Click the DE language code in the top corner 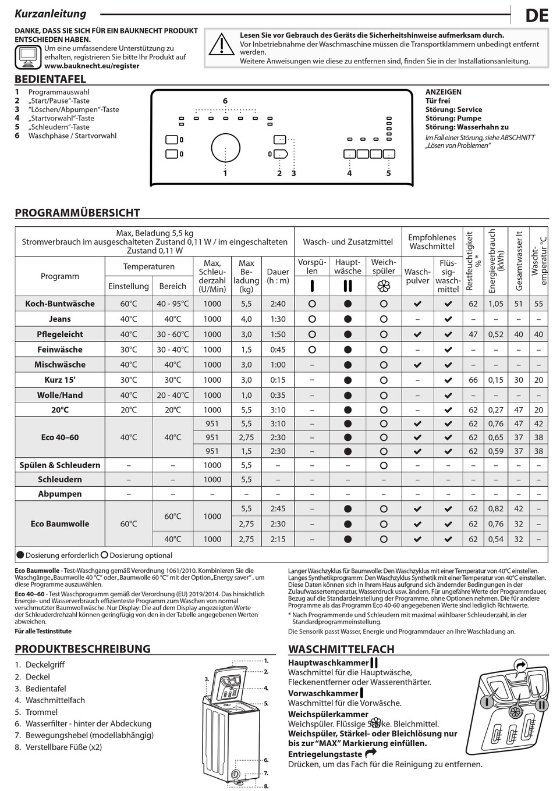click(x=536, y=15)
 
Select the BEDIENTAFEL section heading click(x=50, y=79)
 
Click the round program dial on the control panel click(x=225, y=148)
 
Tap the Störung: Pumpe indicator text click(x=453, y=118)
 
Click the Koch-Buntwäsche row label click(x=60, y=304)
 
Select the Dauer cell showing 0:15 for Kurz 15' click(x=278, y=380)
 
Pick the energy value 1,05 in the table click(x=496, y=304)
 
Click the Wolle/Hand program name click(x=60, y=395)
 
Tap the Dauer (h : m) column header click(x=278, y=276)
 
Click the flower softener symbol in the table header click(x=383, y=286)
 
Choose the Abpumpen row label click(x=60, y=494)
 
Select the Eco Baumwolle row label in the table click(x=60, y=523)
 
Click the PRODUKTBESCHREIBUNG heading click(x=82, y=649)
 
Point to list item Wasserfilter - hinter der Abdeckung click(x=88, y=724)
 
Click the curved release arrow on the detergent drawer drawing click(x=520, y=665)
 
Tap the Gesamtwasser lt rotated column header click(x=519, y=261)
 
